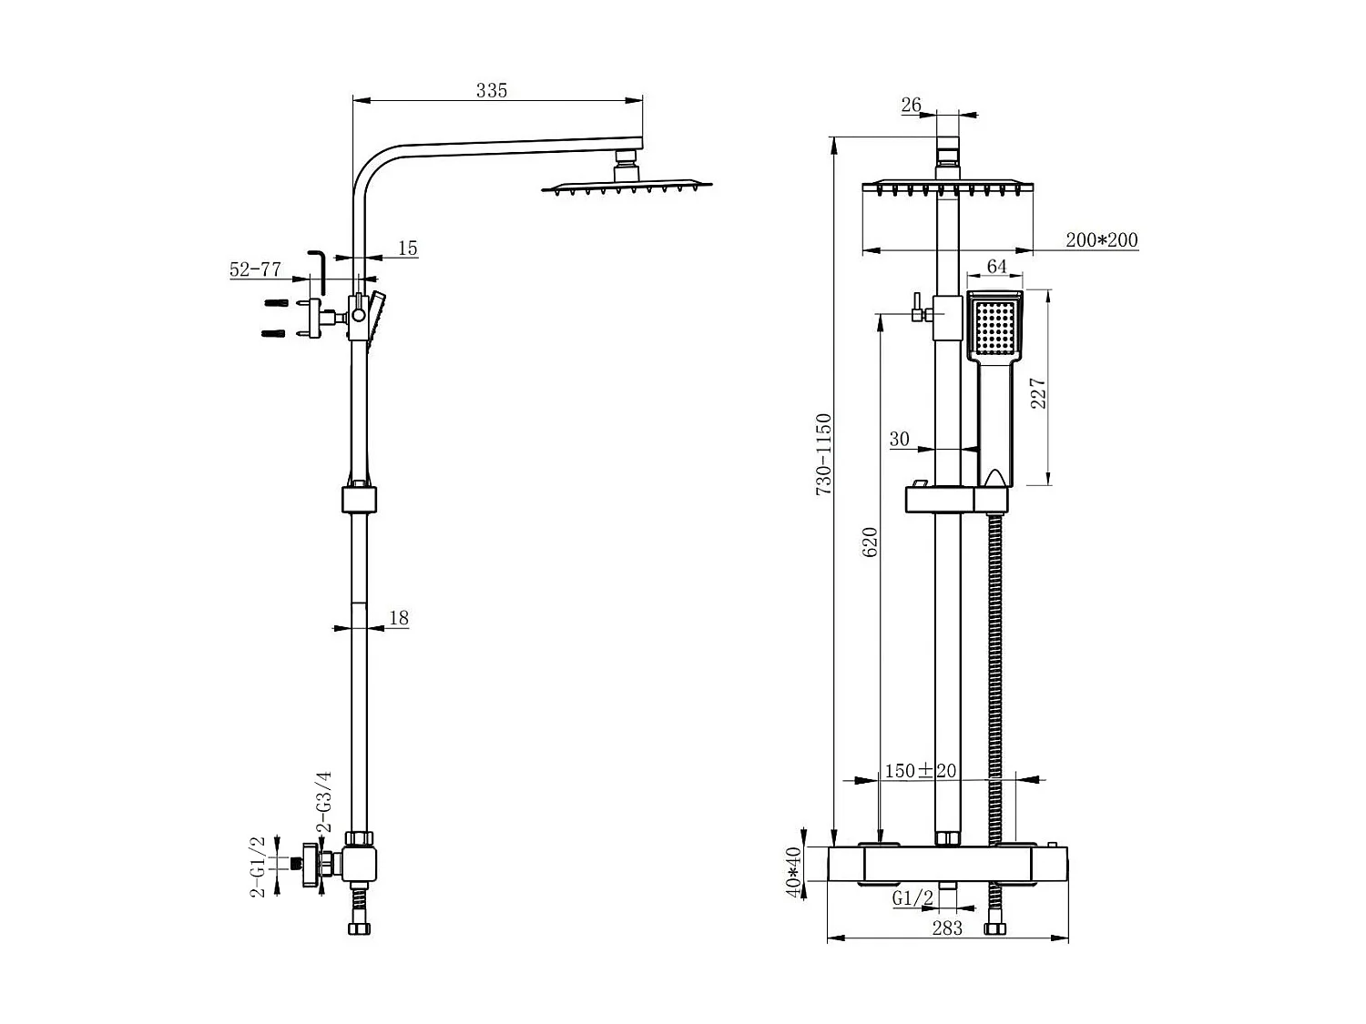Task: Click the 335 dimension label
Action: click(x=491, y=90)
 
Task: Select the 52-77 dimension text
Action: click(x=255, y=269)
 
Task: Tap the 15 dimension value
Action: click(x=407, y=248)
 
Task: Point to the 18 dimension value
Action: click(x=398, y=618)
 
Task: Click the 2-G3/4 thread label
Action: click(x=323, y=802)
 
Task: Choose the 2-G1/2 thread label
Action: click(x=258, y=867)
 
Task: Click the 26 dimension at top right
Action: click(x=911, y=105)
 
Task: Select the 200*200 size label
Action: click(x=1101, y=240)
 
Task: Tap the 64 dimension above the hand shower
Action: click(x=996, y=266)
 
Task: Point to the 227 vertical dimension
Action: click(x=1038, y=393)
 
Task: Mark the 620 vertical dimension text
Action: click(x=870, y=542)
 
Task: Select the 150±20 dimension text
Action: click(x=920, y=771)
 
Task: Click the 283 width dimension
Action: click(x=947, y=928)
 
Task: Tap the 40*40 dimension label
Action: click(x=794, y=872)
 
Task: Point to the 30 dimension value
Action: click(x=899, y=439)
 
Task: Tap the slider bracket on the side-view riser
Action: click(x=359, y=500)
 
